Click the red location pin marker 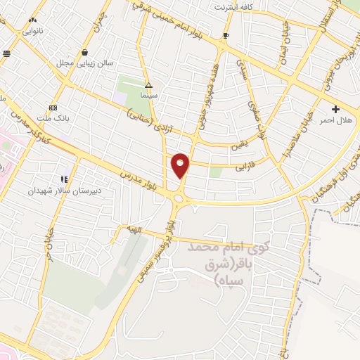(x=181, y=165)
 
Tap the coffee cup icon (x=226, y=35)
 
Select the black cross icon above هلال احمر (x=335, y=109)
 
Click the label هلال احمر (x=335, y=121)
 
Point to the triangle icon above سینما (x=148, y=84)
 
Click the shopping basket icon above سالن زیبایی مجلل (x=84, y=52)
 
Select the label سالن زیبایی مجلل (x=84, y=63)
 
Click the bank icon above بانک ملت (x=53, y=108)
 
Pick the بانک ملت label (x=53, y=118)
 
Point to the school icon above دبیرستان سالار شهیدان (x=64, y=179)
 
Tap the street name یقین (x=240, y=147)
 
